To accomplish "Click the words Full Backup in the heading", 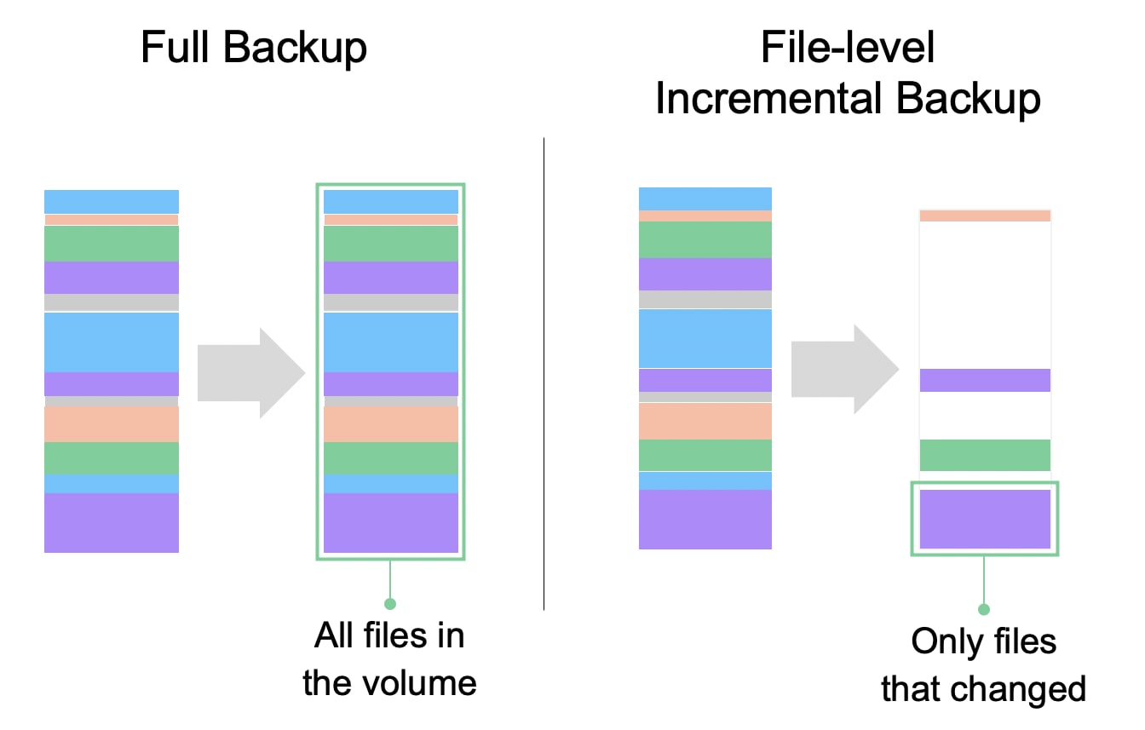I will point(253,48).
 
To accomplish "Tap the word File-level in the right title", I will point(848,48).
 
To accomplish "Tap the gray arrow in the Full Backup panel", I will point(251,372).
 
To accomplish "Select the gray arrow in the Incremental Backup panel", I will point(845,369).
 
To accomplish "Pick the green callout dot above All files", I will point(390,604).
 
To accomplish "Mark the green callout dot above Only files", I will point(984,609).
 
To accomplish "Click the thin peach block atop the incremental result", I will point(985,216).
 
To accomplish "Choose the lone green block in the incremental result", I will point(985,455).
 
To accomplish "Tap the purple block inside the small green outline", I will point(985,519).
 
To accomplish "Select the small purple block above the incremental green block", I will point(985,380).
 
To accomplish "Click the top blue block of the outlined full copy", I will point(391,202).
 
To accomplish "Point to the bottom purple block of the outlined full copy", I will point(391,523).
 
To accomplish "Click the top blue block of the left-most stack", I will point(112,202).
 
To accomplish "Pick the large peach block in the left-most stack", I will point(112,424).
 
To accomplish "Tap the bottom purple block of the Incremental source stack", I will point(705,520).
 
